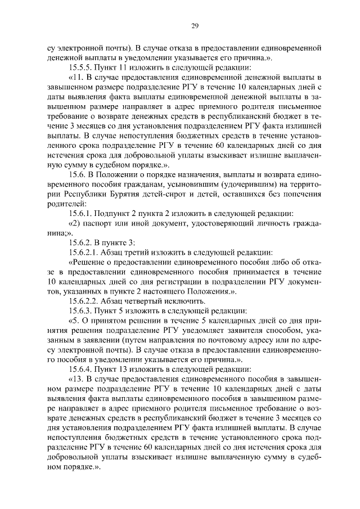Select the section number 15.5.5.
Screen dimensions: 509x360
pos(82,67)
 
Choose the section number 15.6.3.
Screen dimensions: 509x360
pos(82,311)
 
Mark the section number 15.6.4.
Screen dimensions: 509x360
pos(82,370)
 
